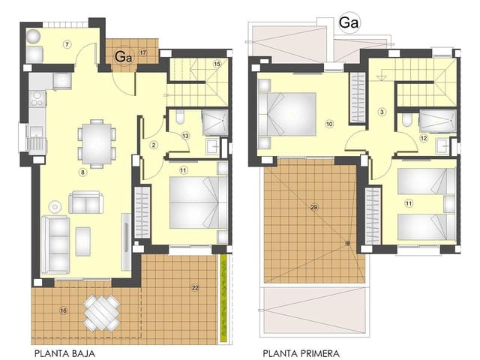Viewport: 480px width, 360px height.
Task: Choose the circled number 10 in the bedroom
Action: pos(328,123)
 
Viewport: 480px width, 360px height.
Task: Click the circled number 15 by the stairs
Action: pos(217,64)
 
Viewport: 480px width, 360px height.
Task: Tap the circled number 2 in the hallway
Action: pos(152,144)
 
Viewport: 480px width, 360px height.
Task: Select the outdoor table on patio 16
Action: pos(101,311)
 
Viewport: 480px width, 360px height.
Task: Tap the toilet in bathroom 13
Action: pos(181,118)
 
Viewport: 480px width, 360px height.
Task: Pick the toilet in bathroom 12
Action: pos(406,119)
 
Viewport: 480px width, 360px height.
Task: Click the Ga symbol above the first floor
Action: pos(349,23)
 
